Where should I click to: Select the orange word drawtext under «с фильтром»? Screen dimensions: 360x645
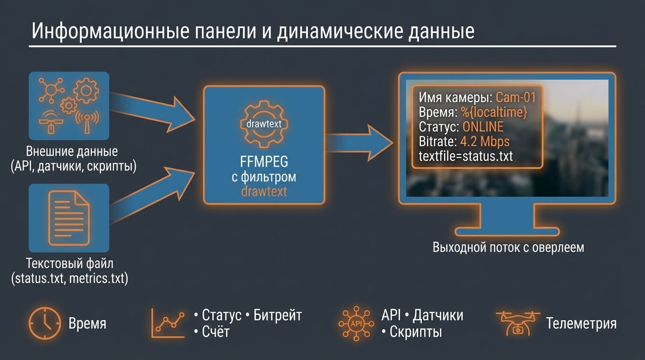tap(263, 191)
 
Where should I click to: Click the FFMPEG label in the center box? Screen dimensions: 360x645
tap(263, 163)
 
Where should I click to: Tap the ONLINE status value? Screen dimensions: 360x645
tap(483, 127)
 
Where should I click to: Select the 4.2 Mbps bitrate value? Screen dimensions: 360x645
tap(485, 142)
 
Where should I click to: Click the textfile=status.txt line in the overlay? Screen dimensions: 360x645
tap(466, 156)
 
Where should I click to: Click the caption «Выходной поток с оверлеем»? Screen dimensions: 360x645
tap(508, 247)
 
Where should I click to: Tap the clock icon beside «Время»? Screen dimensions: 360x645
tap(45, 323)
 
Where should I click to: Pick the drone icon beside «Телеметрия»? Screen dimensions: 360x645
tap(517, 323)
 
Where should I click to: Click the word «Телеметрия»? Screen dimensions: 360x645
tap(581, 323)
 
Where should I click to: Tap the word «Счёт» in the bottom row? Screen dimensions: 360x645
tap(216, 332)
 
